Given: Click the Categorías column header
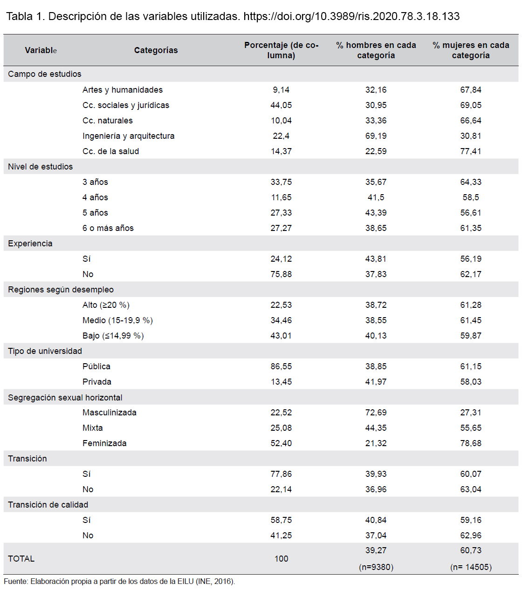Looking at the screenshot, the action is click(x=156, y=50).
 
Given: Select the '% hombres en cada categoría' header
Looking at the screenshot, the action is click(x=376, y=50).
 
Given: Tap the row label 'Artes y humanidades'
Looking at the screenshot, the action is click(x=123, y=90).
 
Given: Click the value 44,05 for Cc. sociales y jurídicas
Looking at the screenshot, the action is click(x=281, y=105).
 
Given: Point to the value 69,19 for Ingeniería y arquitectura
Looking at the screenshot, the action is click(x=376, y=136).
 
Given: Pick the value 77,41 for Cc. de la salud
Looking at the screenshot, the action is click(x=470, y=151).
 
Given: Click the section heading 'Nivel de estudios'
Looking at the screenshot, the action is click(x=40, y=167).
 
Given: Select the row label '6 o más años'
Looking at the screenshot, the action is click(x=108, y=228).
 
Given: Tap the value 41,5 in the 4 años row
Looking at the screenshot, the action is click(x=376, y=197).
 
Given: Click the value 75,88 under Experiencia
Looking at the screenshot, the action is click(x=281, y=274).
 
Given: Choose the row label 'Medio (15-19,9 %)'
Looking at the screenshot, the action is click(x=117, y=320).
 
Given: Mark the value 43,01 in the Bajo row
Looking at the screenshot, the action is click(x=281, y=336).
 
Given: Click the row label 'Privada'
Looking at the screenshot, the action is click(x=97, y=382).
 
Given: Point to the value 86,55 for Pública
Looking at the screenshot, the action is click(x=281, y=366).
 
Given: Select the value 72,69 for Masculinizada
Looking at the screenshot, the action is click(x=376, y=413).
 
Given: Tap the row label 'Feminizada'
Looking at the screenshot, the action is click(x=104, y=443).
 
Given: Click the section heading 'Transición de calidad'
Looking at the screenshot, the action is click(x=48, y=505).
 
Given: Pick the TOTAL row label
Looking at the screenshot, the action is click(x=21, y=558).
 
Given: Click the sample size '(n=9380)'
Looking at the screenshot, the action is click(x=376, y=567).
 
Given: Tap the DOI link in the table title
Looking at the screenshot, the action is click(x=351, y=16).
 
